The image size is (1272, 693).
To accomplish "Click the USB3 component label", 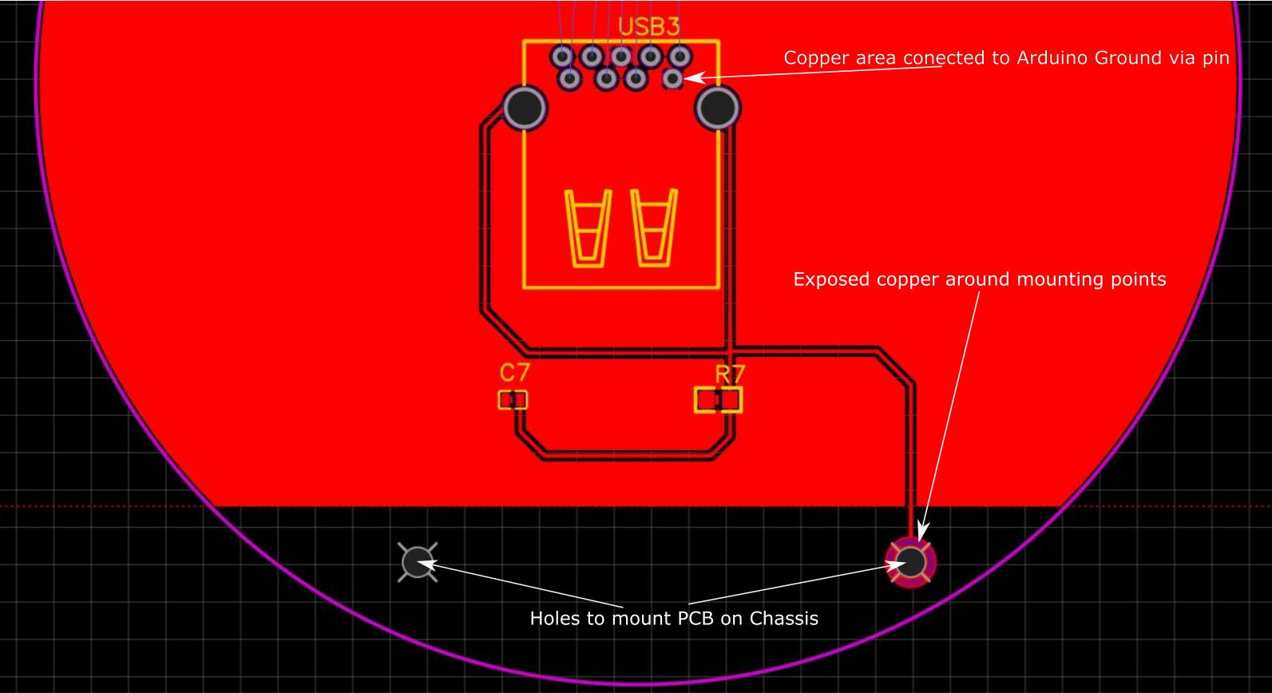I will (x=649, y=26).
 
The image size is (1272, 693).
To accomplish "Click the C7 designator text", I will (x=514, y=372).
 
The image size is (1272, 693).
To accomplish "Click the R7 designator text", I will (x=729, y=374).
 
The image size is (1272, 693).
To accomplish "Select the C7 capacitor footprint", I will (x=513, y=399).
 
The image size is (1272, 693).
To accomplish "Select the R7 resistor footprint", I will (x=719, y=399).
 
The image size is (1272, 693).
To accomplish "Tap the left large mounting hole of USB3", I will (x=525, y=107).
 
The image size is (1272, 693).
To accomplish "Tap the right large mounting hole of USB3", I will (x=718, y=107).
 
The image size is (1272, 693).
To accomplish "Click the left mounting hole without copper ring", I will (x=417, y=563).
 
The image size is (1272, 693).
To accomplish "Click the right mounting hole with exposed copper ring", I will (x=911, y=562).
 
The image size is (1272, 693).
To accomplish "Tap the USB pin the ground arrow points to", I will (x=673, y=78).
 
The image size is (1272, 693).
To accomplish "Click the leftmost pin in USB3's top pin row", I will (x=562, y=57).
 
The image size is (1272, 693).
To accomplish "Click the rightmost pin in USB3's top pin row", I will (x=680, y=57).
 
